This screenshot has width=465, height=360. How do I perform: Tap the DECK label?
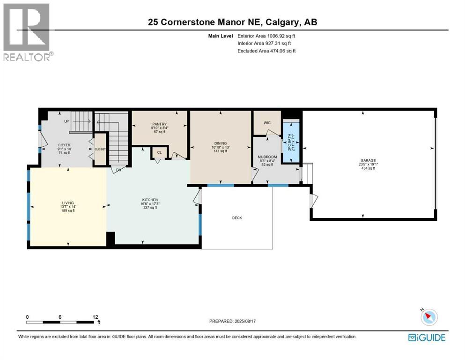point(237,217)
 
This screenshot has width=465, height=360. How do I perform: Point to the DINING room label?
point(221,143)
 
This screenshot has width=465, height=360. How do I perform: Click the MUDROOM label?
point(267,157)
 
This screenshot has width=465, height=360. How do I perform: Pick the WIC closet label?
point(267,123)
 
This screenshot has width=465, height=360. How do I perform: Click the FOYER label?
point(64,145)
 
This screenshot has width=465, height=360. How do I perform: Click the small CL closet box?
point(159,152)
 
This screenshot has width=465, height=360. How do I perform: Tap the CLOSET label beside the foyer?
point(100,149)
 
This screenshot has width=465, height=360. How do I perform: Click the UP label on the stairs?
point(66,121)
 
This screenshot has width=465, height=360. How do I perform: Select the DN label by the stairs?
point(119,170)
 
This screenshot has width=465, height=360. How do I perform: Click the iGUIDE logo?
point(427,337)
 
